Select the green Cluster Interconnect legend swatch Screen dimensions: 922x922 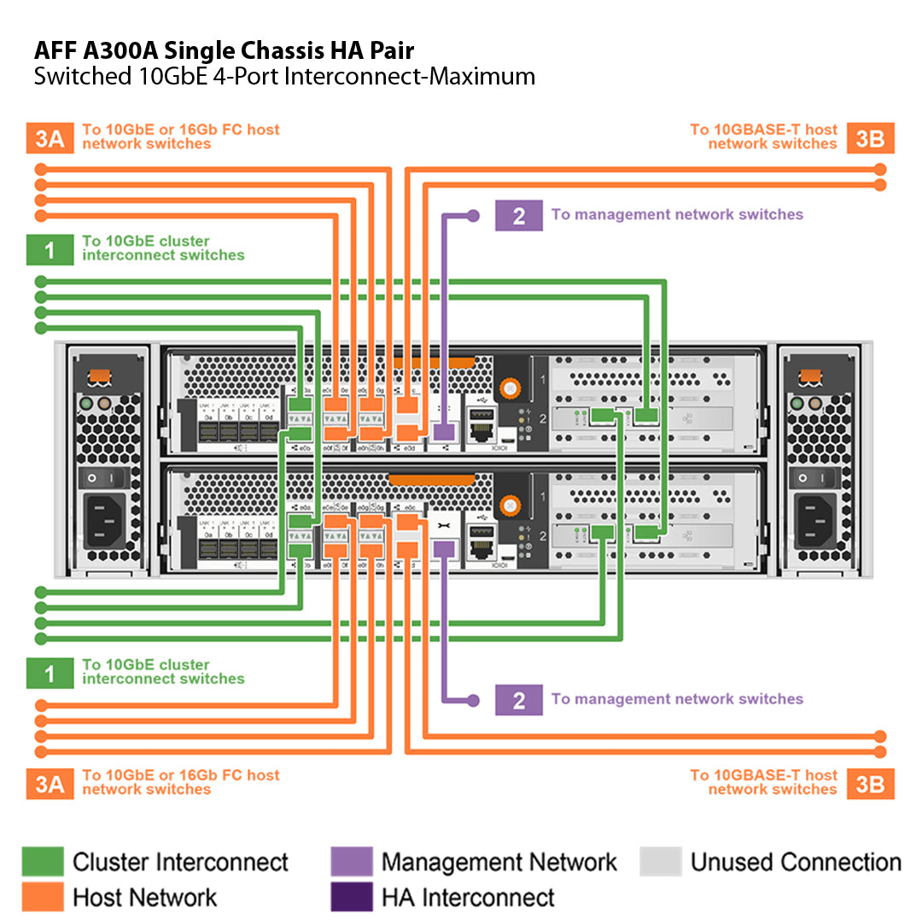(43, 861)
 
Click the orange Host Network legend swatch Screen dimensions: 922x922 (43, 896)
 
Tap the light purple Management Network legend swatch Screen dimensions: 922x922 (352, 861)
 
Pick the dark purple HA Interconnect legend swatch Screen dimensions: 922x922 (352, 896)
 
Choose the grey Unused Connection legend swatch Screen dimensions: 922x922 (661, 861)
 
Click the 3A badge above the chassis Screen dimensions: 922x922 (50, 138)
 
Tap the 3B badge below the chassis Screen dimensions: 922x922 (870, 784)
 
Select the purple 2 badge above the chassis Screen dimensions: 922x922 (518, 216)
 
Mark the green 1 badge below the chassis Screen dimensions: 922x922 (50, 674)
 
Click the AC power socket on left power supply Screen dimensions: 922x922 (104, 520)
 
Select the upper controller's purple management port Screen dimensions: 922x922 (443, 431)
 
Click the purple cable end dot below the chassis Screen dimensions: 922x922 (474, 701)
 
